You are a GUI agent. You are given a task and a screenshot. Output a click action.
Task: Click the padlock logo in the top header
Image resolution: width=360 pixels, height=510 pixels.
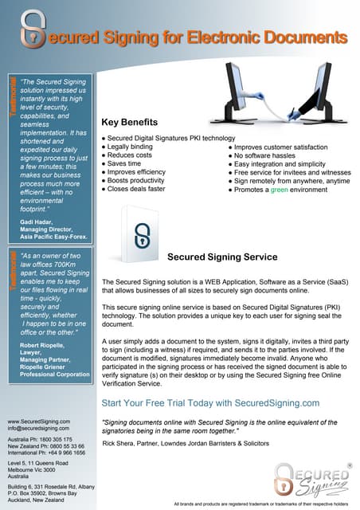32,29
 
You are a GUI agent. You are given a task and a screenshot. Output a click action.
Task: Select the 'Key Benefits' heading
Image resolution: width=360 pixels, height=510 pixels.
130,123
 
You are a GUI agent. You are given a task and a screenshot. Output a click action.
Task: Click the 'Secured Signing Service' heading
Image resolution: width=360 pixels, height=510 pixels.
222,257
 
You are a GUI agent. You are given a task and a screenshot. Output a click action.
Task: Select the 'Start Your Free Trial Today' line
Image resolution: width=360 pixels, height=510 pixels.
210,403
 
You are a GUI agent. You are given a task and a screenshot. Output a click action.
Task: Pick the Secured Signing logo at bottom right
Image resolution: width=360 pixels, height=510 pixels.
312,477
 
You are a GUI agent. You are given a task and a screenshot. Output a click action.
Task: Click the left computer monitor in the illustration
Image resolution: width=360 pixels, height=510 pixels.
244,87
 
